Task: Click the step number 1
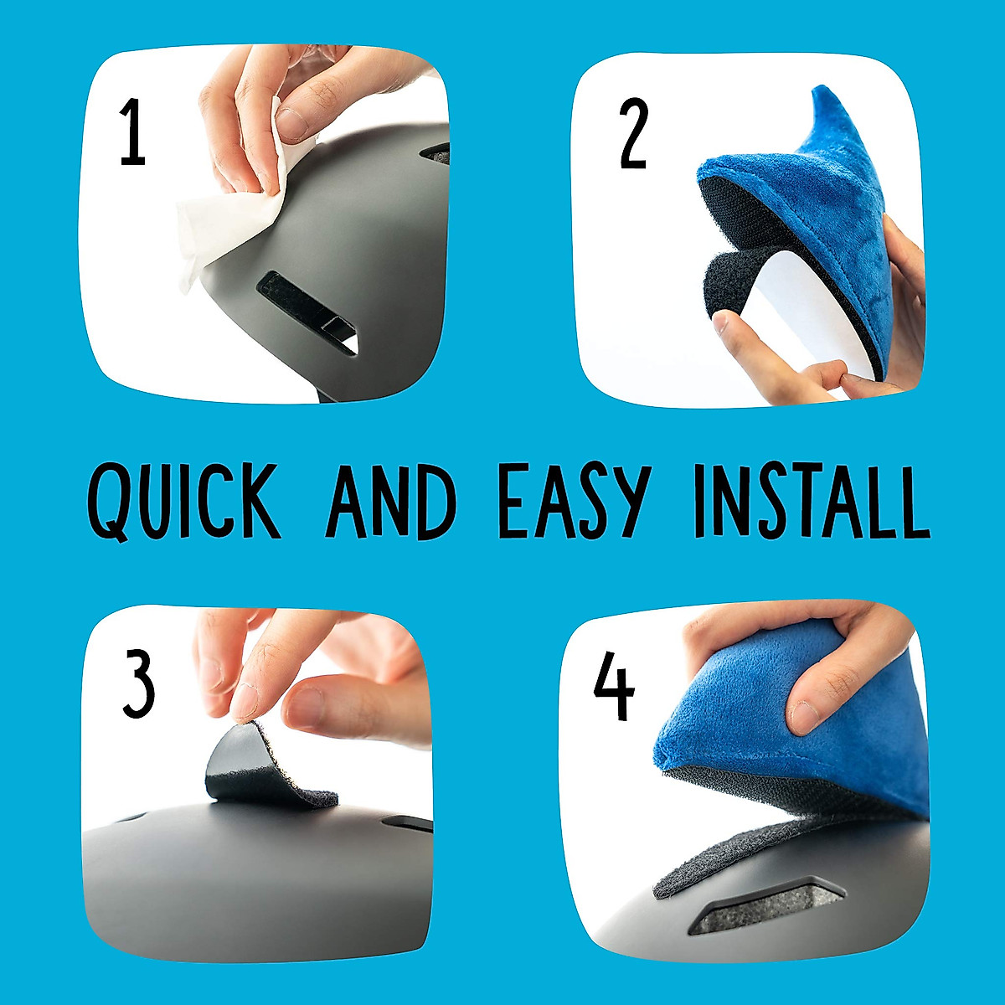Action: point(133,132)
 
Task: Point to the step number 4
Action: point(614,688)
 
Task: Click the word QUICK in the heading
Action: point(183,502)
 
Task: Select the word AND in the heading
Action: point(391,502)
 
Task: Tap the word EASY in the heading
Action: point(575,502)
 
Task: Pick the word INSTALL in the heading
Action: point(811,502)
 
